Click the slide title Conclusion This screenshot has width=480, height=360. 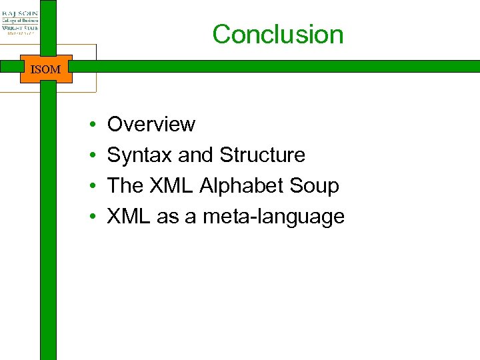(x=278, y=35)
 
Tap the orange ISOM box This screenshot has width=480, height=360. (x=45, y=69)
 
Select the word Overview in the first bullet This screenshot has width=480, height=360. (x=151, y=125)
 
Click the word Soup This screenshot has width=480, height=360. (x=316, y=186)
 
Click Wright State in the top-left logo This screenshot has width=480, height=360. (x=20, y=29)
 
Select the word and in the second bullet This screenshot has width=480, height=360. (x=195, y=155)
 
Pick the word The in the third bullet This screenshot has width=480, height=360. (x=125, y=186)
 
